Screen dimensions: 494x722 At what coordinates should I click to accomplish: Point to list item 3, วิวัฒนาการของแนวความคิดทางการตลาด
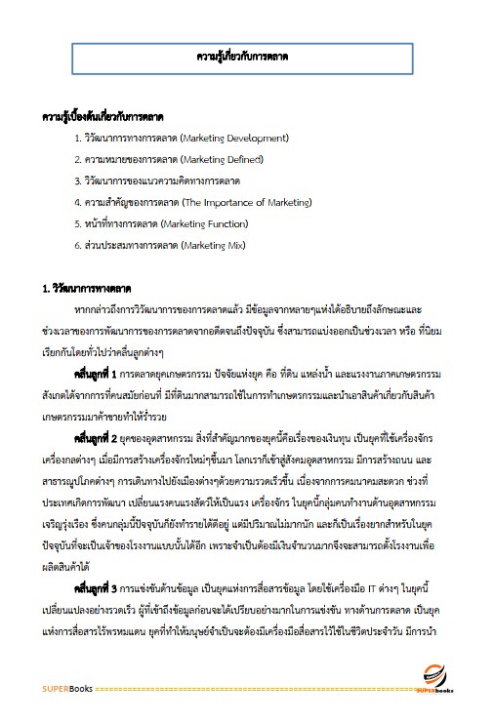(x=161, y=180)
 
